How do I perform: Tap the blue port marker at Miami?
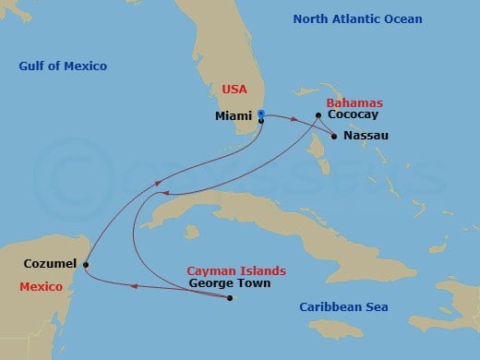[261, 114]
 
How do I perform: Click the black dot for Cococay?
[318, 116]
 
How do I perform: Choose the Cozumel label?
[48, 265]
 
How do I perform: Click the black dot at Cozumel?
[86, 266]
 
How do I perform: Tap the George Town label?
[229, 283]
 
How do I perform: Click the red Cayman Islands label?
[235, 270]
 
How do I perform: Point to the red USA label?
[233, 89]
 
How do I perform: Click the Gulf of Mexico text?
[63, 66]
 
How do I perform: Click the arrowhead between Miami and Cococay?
[293, 121]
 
